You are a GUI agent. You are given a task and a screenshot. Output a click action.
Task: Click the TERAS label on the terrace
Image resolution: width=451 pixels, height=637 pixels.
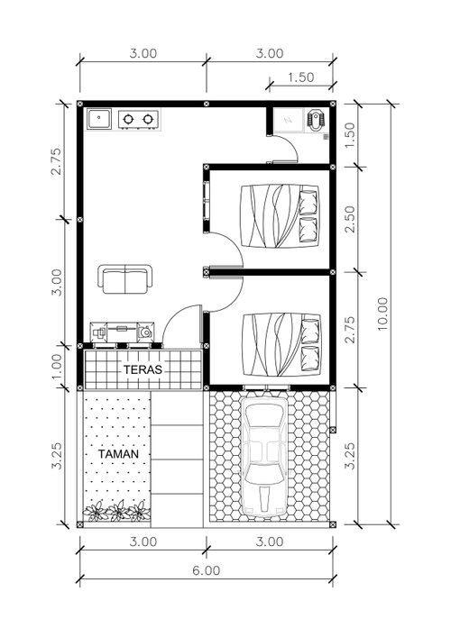tap(143, 369)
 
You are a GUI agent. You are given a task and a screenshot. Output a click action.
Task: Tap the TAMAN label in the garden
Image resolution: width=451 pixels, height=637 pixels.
tap(118, 454)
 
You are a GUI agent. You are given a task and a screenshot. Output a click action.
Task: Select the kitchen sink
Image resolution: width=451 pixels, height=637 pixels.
tap(98, 119)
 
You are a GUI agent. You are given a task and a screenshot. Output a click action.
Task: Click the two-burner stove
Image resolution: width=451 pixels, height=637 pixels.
tap(139, 119)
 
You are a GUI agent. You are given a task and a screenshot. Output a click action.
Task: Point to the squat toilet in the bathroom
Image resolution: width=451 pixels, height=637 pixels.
tap(316, 120)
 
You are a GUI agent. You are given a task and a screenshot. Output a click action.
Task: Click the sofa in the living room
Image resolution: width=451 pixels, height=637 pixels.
tap(125, 279)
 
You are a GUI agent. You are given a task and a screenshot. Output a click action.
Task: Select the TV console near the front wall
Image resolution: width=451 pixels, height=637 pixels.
tap(122, 332)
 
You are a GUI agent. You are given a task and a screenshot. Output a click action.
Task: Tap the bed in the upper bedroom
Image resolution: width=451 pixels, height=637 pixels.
tap(279, 215)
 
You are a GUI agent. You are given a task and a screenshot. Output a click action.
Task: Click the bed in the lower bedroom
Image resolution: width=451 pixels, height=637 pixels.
tap(281, 344)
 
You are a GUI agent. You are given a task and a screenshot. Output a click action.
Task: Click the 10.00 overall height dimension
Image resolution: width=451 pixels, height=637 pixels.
tap(382, 314)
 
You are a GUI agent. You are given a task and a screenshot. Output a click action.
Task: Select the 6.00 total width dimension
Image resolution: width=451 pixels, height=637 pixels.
tap(207, 571)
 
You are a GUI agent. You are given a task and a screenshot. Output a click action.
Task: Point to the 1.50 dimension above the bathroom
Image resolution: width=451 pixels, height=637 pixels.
tap(301, 77)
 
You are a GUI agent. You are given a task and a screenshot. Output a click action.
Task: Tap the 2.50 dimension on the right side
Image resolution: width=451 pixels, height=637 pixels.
tap(350, 219)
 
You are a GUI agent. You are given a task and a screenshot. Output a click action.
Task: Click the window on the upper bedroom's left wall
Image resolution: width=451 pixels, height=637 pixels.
tap(207, 201)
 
